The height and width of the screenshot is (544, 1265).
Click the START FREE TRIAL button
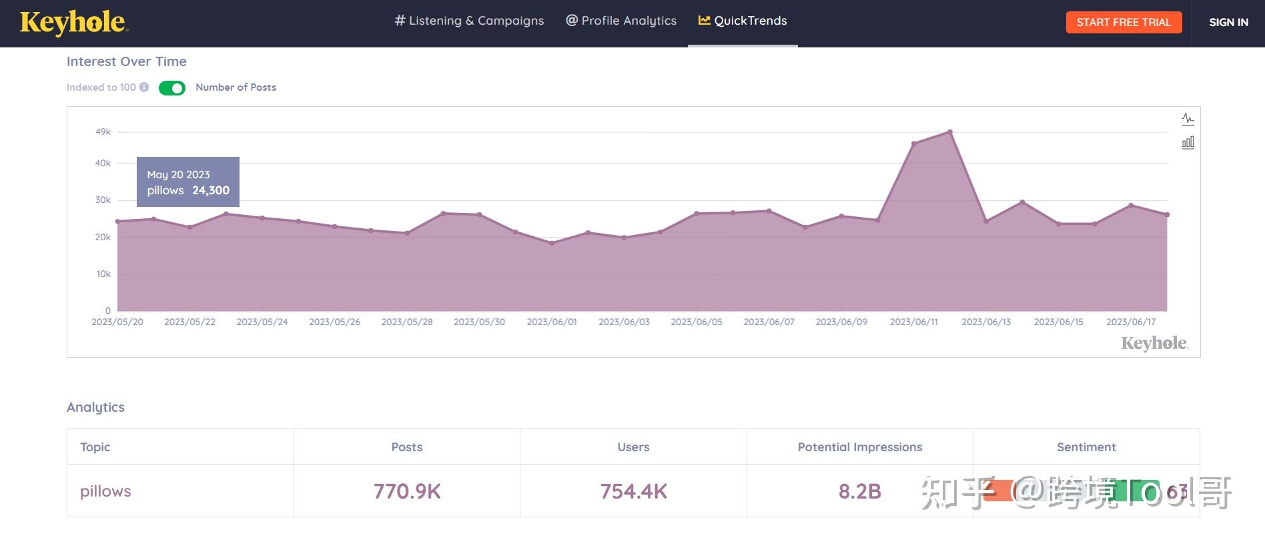1124,22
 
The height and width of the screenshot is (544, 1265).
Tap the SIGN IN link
1228,22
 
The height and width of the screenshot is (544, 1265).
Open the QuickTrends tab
743,21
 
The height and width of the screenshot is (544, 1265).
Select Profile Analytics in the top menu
621,21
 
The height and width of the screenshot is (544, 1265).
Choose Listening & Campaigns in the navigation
469,21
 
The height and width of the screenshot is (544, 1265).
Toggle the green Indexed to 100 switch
172,88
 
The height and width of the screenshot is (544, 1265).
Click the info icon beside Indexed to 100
144,87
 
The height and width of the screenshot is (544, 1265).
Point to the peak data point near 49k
950,131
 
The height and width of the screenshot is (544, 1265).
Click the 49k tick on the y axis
103,132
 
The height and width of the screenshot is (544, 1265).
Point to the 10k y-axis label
103,274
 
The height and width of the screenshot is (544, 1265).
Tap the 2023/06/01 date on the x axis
552,322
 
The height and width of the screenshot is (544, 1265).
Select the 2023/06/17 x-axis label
1131,322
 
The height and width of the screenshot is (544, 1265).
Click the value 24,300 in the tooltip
211,190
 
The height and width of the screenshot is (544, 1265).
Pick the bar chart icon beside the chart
1188,142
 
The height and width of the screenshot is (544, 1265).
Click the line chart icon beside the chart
1188,119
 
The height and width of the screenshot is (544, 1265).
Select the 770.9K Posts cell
407,491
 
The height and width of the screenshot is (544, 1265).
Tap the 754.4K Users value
633,491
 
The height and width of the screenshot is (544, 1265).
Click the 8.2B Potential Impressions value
859,491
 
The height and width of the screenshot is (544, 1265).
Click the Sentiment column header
1086,447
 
